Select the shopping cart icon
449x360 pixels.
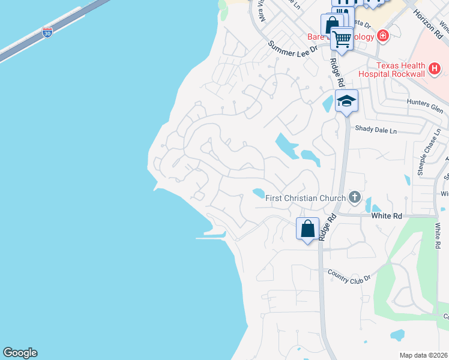coord(342,40)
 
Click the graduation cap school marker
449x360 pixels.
coord(346,101)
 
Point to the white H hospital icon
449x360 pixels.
coord(436,70)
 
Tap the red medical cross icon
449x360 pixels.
coord(382,36)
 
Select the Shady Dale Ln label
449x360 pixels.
coord(376,130)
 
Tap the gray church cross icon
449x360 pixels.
coord(355,197)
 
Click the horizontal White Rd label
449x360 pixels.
coord(385,215)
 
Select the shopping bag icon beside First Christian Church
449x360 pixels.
coord(307,229)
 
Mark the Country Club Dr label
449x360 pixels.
coord(349,274)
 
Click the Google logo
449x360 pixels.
coord(20,353)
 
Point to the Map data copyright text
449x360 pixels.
coord(424,355)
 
